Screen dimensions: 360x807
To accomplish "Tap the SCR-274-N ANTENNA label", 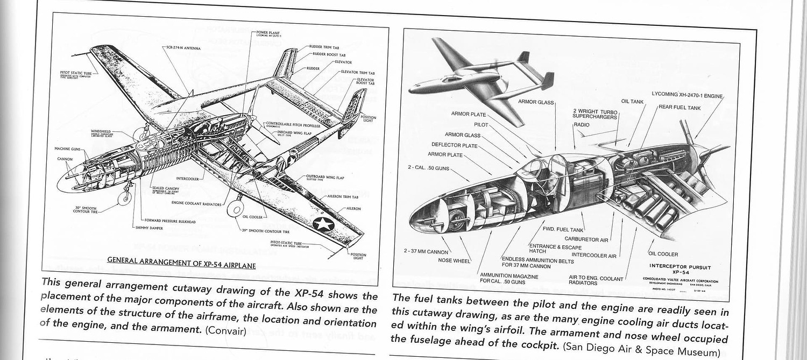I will coord(183,48).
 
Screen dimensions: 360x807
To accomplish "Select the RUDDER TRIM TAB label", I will coord(325,47).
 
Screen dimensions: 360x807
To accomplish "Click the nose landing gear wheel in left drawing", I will coord(125,197).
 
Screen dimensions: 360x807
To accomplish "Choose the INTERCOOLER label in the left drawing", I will coord(188,178).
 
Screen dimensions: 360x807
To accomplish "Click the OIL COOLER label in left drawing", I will coord(252,217).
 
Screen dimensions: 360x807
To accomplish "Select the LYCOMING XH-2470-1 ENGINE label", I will coord(687,94).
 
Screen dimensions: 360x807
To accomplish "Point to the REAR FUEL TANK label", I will coord(679,108).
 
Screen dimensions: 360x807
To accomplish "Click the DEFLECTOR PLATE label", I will coord(454,145).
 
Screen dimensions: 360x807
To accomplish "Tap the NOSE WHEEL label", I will coord(454,261).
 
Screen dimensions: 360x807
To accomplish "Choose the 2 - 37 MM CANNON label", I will coord(426,251).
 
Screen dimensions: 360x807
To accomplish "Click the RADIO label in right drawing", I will coord(581,125).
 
